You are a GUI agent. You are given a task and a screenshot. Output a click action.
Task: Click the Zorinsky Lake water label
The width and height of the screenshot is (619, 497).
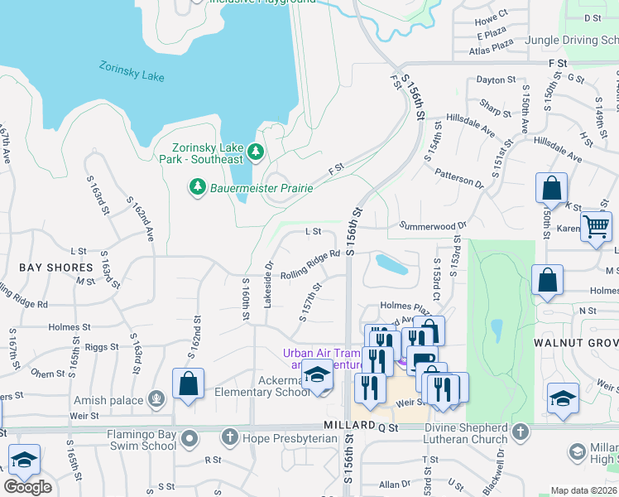pos(132,71)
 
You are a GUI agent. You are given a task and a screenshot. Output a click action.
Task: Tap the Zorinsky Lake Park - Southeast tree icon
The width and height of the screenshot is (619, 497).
pos(256,152)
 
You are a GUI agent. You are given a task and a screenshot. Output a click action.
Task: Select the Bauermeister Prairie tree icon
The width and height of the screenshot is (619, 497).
pos(197,188)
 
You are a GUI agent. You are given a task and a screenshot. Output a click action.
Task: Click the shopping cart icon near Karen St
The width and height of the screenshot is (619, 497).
pos(596,226)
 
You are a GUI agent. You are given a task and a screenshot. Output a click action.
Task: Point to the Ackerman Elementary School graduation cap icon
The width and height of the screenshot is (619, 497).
pos(316,374)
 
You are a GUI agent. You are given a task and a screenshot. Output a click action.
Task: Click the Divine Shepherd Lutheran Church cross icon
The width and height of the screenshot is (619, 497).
pos(520,431)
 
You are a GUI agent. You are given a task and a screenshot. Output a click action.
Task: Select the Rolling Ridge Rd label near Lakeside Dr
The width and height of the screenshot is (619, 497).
pos(311,264)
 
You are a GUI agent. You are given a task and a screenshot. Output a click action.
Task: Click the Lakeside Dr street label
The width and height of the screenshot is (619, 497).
pos(267,286)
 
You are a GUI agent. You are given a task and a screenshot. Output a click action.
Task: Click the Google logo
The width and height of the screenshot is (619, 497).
pos(27,486)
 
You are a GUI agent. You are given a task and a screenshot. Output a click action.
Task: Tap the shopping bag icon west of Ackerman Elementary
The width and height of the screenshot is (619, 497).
pos(189,384)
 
